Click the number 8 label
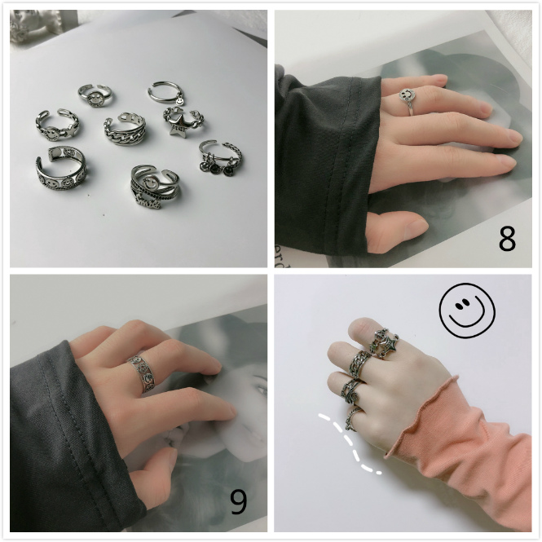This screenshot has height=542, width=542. [507, 239]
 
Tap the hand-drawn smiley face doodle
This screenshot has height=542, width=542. [467, 310]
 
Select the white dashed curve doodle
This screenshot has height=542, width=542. [349, 443]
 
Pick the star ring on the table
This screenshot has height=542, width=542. [183, 121]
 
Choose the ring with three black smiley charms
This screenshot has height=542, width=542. [221, 157]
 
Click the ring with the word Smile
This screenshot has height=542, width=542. [155, 187]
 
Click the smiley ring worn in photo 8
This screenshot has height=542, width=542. [408, 99]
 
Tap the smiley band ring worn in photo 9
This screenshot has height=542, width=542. [142, 373]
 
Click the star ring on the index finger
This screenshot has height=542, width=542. [384, 342]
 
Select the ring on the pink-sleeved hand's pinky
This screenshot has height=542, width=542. [352, 419]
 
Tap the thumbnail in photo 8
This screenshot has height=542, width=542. [416, 227]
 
